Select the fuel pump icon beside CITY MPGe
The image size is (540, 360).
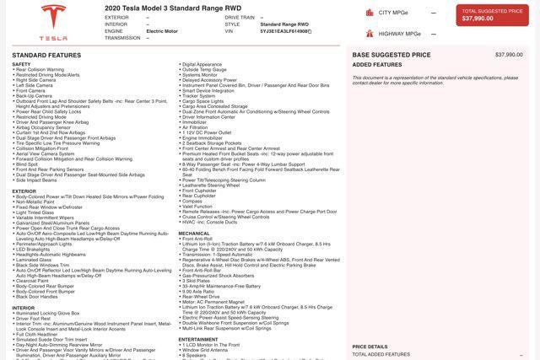[x=370, y=13]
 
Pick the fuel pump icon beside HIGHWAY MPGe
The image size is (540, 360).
[x=370, y=34]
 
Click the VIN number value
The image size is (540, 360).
[x=285, y=31]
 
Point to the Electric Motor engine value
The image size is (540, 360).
[x=163, y=31]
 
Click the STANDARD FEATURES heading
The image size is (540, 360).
[x=46, y=55]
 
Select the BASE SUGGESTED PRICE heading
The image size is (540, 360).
[x=391, y=55]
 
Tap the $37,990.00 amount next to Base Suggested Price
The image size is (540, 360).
[x=509, y=55]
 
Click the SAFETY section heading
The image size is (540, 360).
[x=21, y=64]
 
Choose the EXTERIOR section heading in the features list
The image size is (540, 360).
[x=24, y=191]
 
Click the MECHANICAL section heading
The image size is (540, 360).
[x=194, y=234]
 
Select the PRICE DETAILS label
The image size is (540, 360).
[x=370, y=347]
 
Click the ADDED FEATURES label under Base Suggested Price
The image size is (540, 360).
[x=377, y=64]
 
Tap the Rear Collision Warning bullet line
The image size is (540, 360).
[x=40, y=69]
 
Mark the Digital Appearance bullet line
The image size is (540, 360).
[x=202, y=64]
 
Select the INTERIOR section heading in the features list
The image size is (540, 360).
[x=24, y=308]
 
